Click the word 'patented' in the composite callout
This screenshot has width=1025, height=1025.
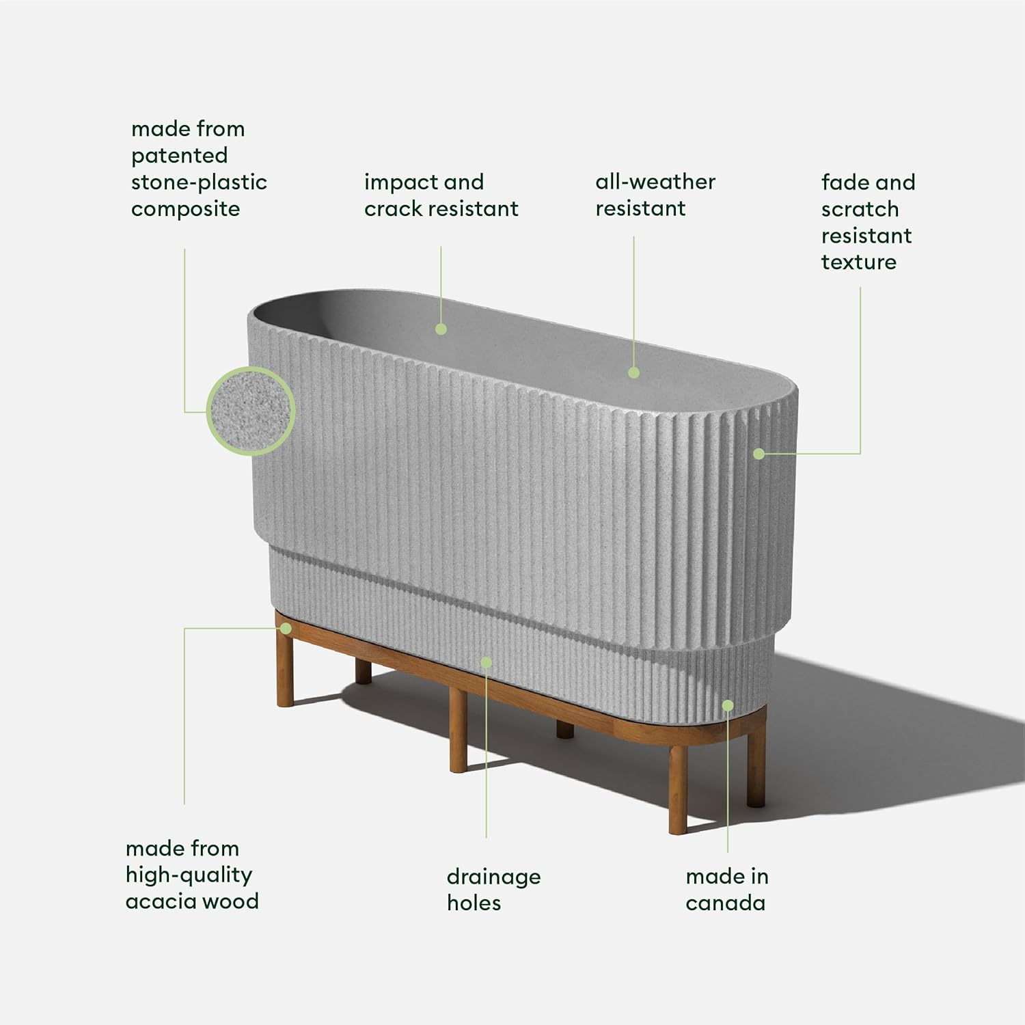tap(179, 156)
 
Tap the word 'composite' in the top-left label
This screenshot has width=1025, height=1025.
tap(185, 209)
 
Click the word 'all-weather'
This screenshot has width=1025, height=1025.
tap(655, 182)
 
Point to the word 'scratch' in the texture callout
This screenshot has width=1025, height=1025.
tap(860, 209)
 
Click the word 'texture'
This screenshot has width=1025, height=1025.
tap(858, 262)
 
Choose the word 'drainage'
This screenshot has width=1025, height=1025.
tap(493, 877)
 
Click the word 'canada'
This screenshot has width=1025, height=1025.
tap(725, 903)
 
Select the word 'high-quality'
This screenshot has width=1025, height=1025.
tap(189, 875)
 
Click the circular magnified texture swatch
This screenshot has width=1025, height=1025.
tap(250, 411)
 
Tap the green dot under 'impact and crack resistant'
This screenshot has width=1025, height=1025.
tap(441, 329)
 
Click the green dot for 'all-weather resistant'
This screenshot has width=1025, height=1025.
tap(633, 372)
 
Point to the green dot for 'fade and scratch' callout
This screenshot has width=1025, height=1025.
tap(758, 454)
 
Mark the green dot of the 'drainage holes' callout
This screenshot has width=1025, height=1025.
tap(486, 662)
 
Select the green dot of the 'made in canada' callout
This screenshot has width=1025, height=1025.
tap(728, 706)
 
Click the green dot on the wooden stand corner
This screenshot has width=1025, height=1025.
tap(286, 627)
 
